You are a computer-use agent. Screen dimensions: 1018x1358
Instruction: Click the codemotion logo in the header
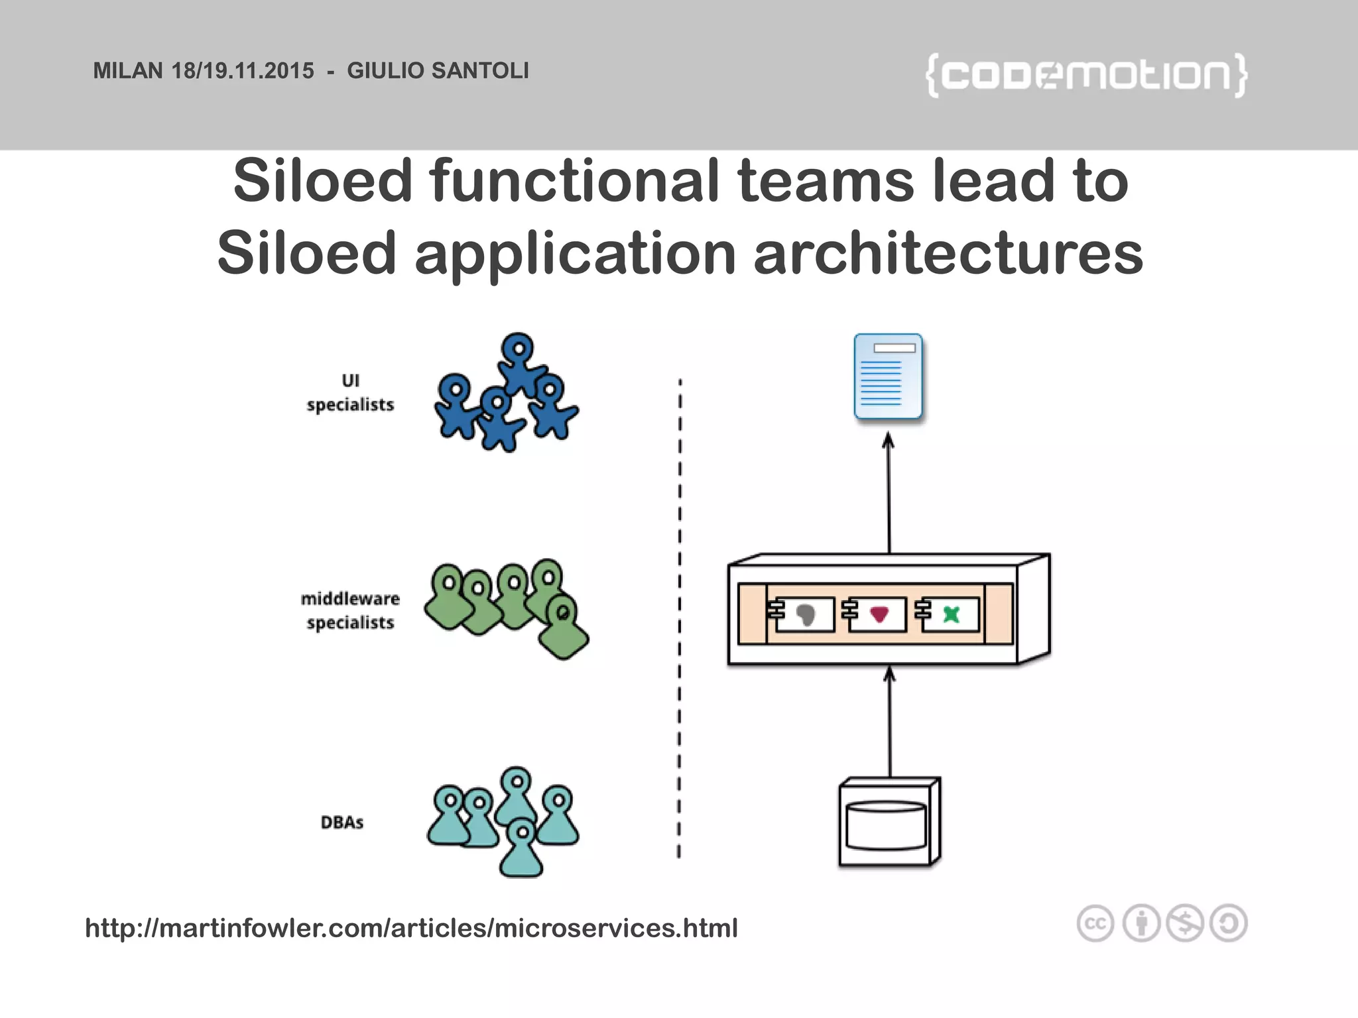[1086, 75]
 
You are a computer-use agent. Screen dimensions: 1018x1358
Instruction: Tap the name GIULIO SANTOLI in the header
[438, 71]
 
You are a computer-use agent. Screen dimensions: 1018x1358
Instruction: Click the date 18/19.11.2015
[243, 71]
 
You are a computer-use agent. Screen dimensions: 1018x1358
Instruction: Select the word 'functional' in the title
[574, 181]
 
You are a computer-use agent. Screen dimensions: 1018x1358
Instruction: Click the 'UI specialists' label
[350, 392]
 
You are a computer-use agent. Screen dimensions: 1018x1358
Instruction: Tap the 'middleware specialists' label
[350, 610]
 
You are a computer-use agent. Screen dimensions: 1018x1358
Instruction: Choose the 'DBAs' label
[342, 822]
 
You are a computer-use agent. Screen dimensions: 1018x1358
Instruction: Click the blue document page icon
[888, 376]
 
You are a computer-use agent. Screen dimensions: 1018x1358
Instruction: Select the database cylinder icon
[887, 825]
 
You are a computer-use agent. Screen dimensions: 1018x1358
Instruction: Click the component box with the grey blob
[804, 614]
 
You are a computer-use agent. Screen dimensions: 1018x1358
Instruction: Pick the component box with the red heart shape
[877, 614]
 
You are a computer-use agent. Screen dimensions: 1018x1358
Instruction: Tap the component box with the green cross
[950, 614]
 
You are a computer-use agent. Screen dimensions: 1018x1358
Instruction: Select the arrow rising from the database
[890, 722]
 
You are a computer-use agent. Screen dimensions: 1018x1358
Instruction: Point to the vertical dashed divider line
[680, 616]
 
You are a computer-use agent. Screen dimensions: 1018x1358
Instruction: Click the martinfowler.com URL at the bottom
[411, 928]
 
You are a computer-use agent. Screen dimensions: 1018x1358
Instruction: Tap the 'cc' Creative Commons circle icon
[1095, 923]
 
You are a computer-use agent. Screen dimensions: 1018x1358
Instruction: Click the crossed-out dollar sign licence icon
[1185, 923]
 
